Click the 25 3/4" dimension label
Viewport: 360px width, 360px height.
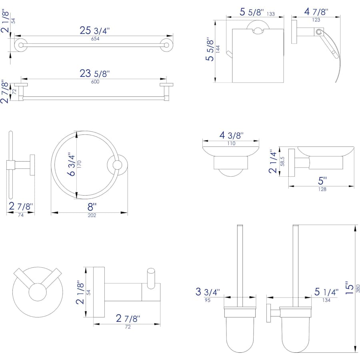tap(95, 30)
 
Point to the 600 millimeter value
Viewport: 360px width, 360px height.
tap(95, 82)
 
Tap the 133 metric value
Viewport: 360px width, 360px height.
tap(271, 14)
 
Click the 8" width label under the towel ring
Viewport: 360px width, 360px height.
tap(92, 207)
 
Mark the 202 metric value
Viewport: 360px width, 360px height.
tap(92, 215)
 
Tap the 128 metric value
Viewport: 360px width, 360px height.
tap(322, 189)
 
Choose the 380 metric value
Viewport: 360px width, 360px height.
tap(358, 288)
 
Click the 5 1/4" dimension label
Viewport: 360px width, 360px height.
tap(326, 292)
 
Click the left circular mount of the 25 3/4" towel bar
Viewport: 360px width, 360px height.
tap(19, 44)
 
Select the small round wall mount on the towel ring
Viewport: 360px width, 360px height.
tap(117, 166)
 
